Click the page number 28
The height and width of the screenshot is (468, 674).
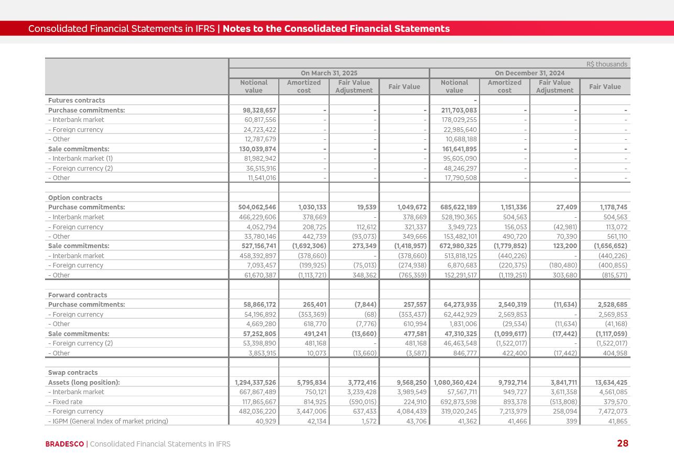tap(622, 443)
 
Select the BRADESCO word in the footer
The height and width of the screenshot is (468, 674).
tap(64, 444)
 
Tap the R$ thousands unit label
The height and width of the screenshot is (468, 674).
tap(606, 64)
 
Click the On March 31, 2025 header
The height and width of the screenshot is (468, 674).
tap(329, 73)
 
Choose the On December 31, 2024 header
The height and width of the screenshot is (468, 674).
tap(529, 73)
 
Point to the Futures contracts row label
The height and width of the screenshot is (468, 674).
tap(77, 101)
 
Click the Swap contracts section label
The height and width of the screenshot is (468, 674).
tap(73, 373)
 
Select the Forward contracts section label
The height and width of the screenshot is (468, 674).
tap(78, 295)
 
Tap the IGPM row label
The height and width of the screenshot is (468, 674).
tap(108, 421)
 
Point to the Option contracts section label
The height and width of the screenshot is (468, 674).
tap(75, 198)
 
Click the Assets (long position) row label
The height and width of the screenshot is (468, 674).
tap(84, 383)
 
